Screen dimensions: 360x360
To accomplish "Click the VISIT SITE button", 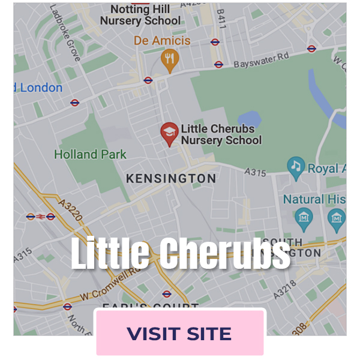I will pos(179,333).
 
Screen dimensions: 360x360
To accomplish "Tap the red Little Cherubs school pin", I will pos(170,134).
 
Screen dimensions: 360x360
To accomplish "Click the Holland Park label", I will pos(90,154).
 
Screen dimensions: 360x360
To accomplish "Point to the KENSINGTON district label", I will pos(170,179).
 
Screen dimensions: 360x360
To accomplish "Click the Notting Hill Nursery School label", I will pos(140,14).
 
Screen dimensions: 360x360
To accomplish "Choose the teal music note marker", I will pos(295,166).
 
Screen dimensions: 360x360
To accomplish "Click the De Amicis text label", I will pos(162,41).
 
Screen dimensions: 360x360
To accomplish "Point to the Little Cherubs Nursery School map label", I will pos(221,134).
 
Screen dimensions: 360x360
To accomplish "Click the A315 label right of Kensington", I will pos(256,172).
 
